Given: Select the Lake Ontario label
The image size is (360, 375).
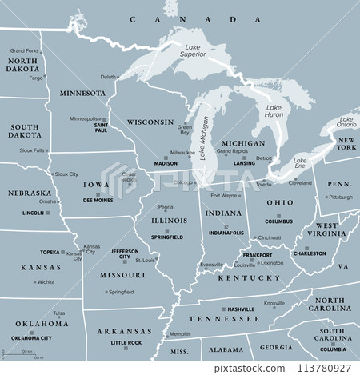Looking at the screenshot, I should (x=346, y=122).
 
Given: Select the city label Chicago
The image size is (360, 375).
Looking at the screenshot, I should (x=183, y=182).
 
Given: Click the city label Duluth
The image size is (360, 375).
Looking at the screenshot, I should (x=107, y=77).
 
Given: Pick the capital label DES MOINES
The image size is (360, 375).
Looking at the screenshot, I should (x=98, y=201).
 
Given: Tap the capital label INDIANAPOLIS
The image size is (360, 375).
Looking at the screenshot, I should (x=225, y=233).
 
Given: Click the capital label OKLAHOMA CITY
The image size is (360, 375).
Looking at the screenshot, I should (x=32, y=338).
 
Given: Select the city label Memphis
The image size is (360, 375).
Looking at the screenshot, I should (x=180, y=333).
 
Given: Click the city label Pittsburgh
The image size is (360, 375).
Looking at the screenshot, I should (x=340, y=197).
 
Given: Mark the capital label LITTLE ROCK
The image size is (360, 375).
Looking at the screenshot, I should (x=126, y=342).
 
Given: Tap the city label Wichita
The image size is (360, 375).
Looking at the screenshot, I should (x=45, y=282).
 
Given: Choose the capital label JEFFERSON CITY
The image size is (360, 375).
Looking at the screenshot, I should (x=124, y=254).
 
